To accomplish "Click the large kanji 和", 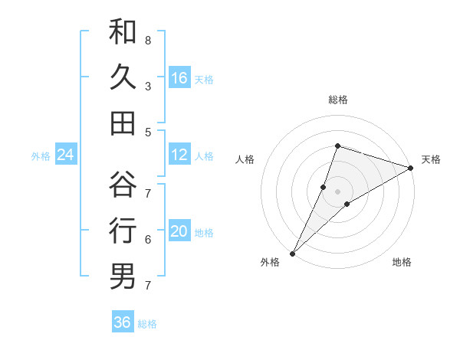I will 123,32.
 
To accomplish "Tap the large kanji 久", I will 123,77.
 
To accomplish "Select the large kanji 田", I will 123,123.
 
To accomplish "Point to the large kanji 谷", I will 123,185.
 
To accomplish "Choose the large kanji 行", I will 123,231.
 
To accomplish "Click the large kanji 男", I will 123,276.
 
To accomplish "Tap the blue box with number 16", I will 179,78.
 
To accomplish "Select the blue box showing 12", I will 179,155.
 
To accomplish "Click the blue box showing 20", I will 179,232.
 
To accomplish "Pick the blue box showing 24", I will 66,155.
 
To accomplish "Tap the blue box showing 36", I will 123,322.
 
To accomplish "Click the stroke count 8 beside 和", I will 147,40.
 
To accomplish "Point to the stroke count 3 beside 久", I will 147,86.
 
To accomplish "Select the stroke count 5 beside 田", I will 147,132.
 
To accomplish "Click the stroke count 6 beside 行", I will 147,240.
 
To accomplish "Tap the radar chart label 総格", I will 338,100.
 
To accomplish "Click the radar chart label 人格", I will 245,159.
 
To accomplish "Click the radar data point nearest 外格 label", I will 292,253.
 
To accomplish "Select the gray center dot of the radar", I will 338,191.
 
